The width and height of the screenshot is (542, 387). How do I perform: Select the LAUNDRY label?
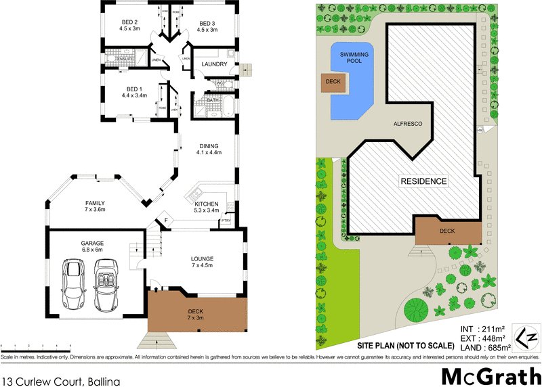(214, 64)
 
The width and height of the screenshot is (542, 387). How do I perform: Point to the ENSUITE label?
(125, 59)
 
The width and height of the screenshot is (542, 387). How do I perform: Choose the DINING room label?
(209, 145)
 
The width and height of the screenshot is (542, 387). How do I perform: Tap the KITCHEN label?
(207, 203)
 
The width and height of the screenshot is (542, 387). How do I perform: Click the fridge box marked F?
(165, 220)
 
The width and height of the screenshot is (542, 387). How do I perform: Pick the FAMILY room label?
(96, 203)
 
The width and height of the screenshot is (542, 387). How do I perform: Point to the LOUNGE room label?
(203, 258)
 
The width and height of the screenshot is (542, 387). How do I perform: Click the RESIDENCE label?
(423, 181)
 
